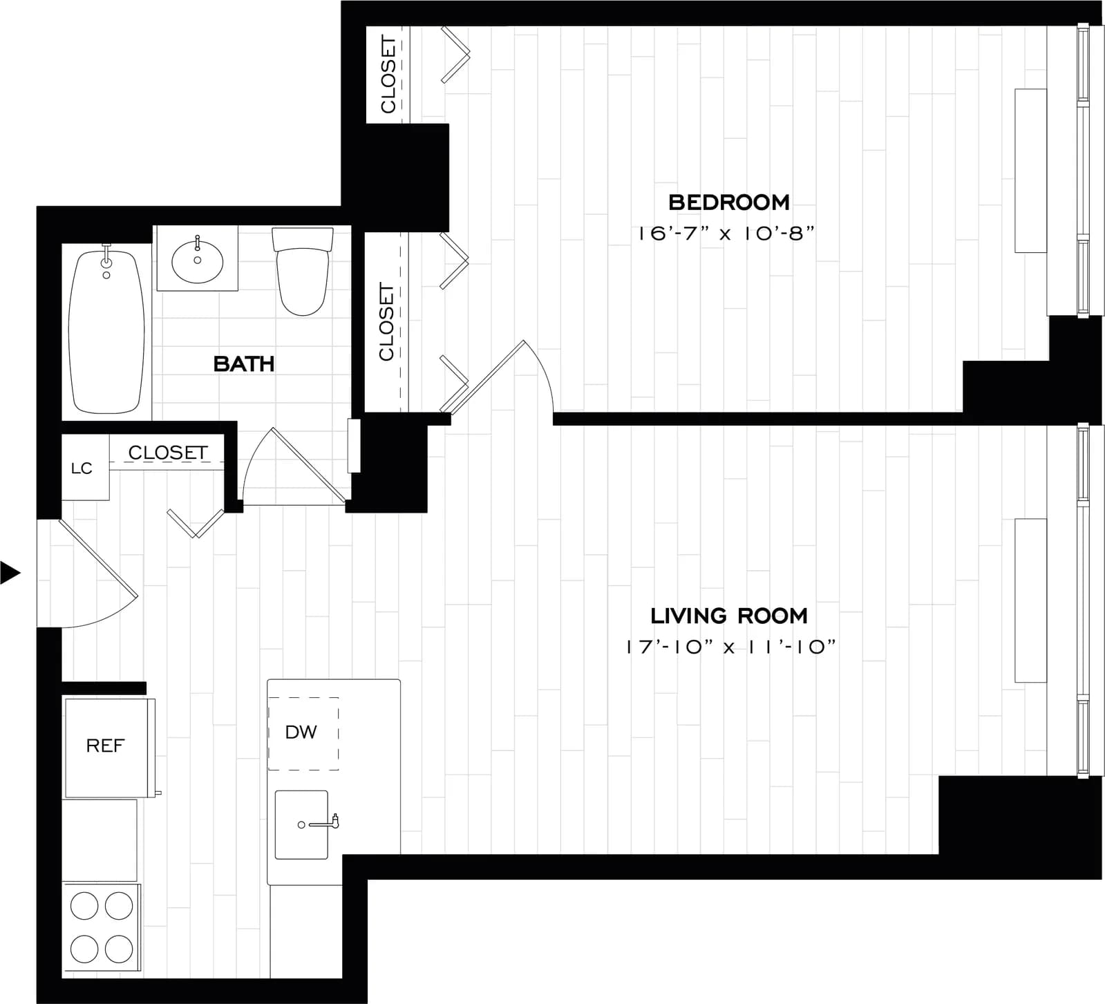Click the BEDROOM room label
728,202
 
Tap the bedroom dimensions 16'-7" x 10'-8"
724,233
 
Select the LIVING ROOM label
728,616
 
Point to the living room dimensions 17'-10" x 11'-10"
730,647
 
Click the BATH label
243,363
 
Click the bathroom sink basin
197,261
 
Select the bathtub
106,332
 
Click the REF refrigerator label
105,746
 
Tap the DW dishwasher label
301,732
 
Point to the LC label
82,468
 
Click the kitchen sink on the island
301,824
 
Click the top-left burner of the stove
84,906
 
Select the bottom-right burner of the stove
119,949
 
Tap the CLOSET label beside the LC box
168,453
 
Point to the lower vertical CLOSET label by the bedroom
386,321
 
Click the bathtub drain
106,275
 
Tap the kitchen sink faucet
334,822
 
